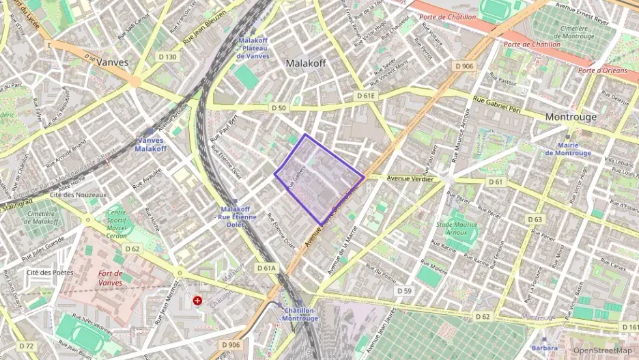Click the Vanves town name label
(x=113, y=61)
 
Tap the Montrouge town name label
(x=571, y=117)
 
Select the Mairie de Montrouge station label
(x=568, y=149)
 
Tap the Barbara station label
(x=544, y=348)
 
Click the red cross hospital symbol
(x=197, y=300)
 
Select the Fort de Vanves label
(x=110, y=278)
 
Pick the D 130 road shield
(x=167, y=57)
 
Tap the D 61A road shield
(x=266, y=268)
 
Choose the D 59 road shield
(x=403, y=291)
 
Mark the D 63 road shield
(x=535, y=219)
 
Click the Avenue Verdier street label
(x=410, y=179)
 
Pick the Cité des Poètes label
(x=49, y=272)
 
